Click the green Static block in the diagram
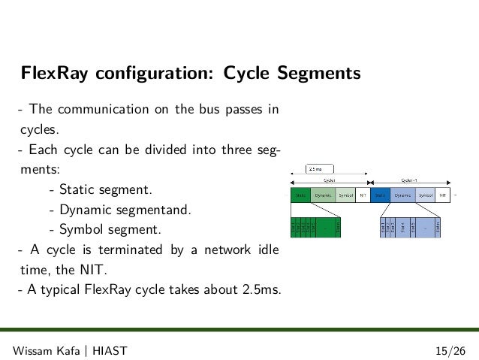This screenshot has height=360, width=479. tap(301, 195)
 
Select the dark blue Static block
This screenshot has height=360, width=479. tap(381, 195)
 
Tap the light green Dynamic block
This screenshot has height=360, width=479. tap(324, 195)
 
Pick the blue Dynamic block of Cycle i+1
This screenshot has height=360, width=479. tap(404, 195)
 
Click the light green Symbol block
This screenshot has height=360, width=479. tap(345, 195)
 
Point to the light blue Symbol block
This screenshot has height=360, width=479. tap(426, 195)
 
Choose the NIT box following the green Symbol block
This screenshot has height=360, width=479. tap(363, 195)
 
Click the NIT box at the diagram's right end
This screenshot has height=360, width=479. tap(443, 195)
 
